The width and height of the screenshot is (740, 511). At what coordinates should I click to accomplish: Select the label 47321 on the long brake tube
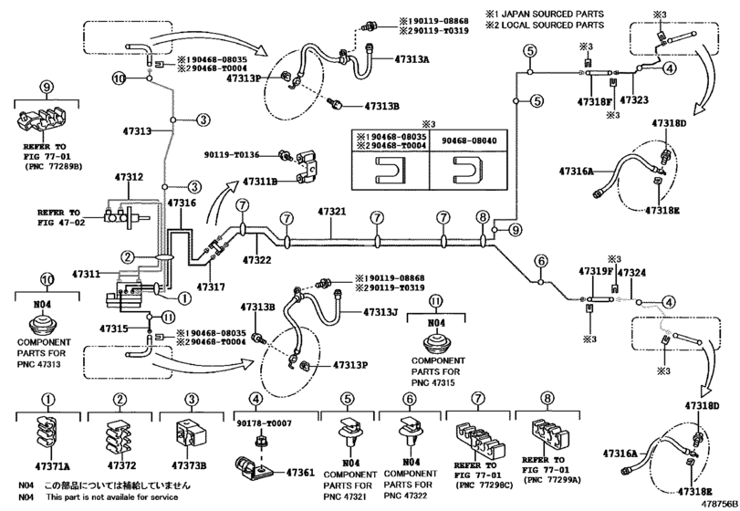coord(332,212)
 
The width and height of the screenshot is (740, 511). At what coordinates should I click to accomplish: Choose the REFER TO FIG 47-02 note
coord(60,215)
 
